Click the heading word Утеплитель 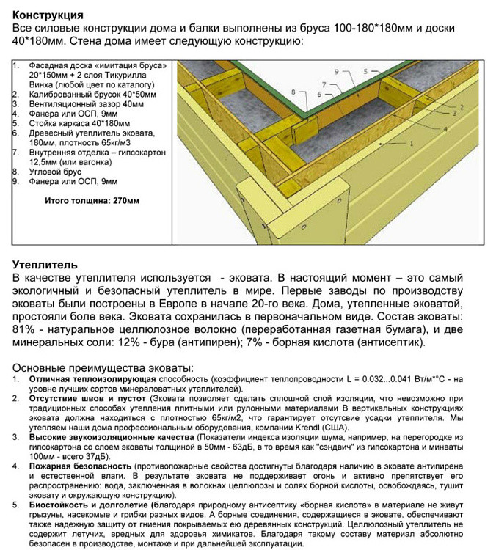point(45,264)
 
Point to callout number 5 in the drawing point(365,71)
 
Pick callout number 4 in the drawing point(445,129)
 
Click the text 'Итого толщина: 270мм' point(92,199)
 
